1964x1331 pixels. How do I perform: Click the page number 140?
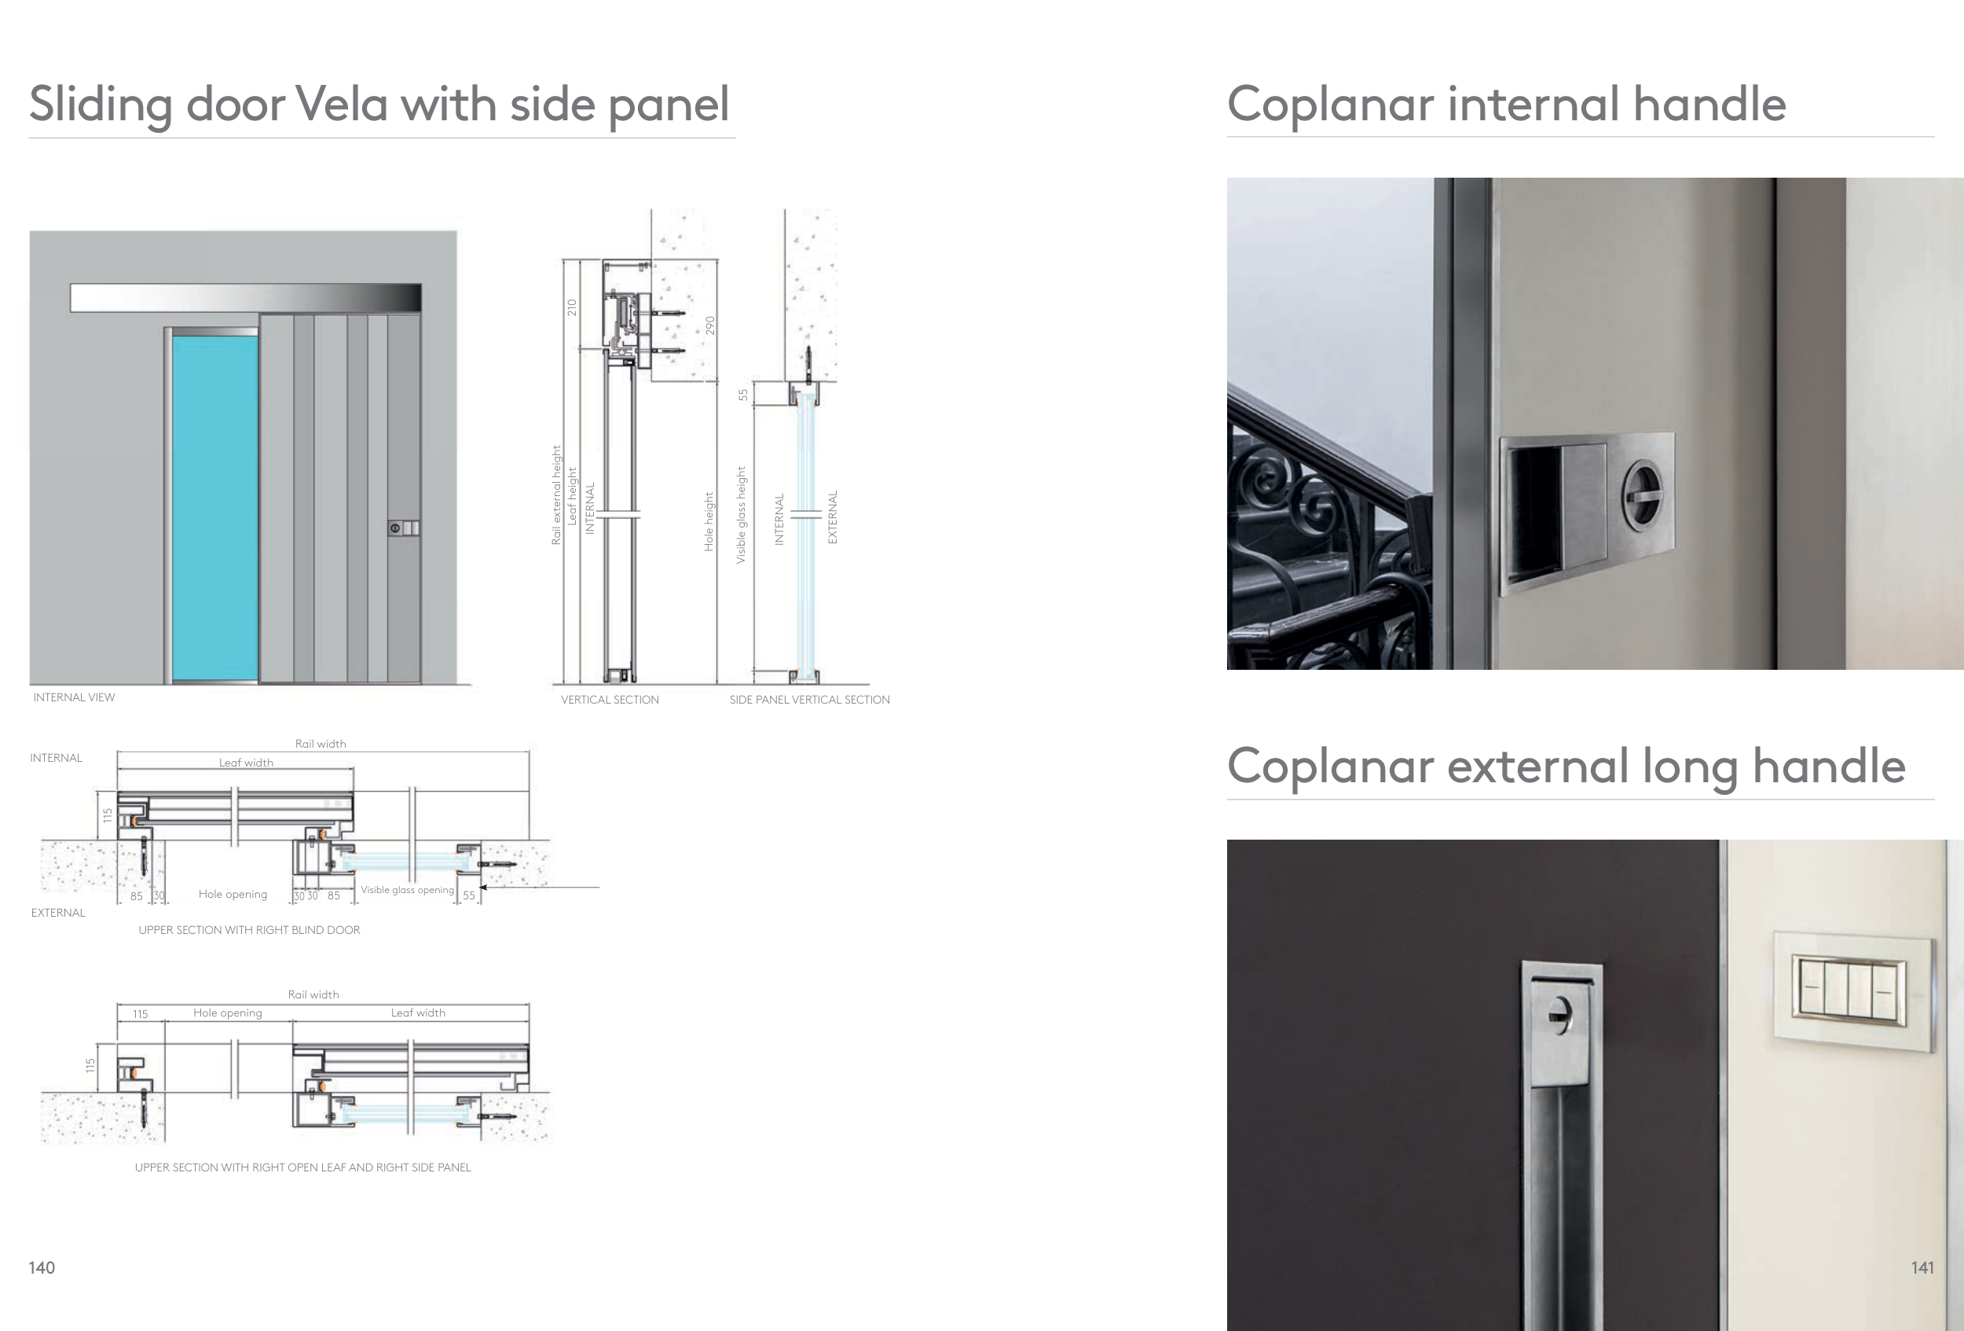42,1267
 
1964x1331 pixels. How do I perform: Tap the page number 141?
1922,1267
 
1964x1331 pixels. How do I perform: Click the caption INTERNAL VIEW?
74,697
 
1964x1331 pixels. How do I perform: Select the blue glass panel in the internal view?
214,507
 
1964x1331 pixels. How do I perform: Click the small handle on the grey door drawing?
403,528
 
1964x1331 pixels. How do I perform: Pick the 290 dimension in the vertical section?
711,325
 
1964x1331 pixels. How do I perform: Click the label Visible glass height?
741,515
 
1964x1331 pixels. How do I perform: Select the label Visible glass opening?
408,891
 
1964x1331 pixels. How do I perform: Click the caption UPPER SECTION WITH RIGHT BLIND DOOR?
249,930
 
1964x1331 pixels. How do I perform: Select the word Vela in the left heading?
343,104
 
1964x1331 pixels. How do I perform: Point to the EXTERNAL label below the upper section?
58,914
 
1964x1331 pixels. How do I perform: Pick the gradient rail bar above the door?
245,298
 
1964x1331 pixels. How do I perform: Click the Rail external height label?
556,495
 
